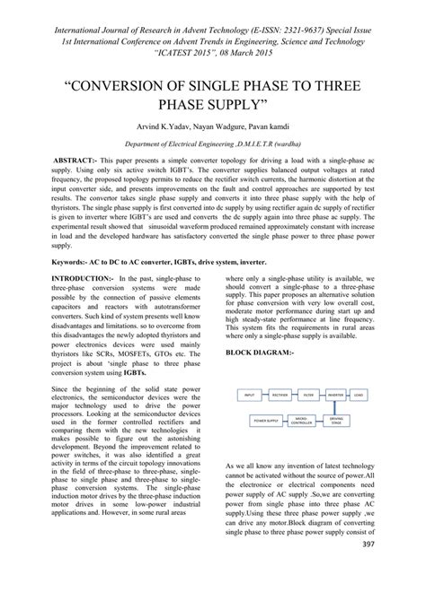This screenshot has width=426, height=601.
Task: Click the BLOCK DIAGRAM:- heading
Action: pyautogui.click(x=260, y=327)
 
